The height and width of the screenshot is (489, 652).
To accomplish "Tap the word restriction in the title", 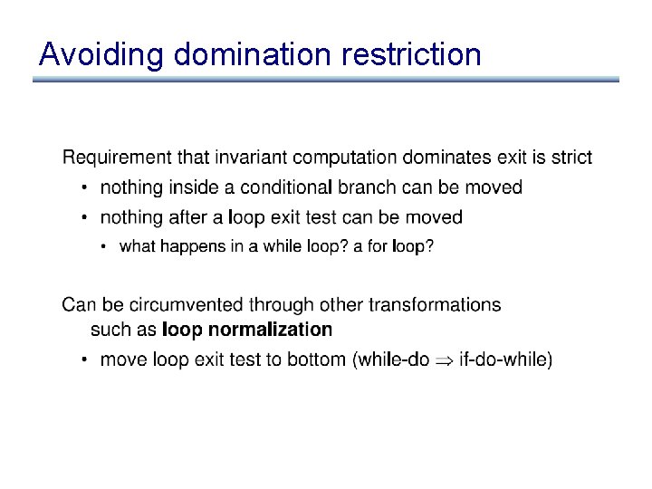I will [412, 55].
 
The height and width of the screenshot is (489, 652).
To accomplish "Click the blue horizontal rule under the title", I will [326, 80].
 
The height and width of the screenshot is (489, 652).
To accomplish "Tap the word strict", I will [570, 158].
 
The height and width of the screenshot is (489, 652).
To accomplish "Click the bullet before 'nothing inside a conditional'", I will [83, 188].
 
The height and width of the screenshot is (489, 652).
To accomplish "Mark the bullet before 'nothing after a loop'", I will [83, 218].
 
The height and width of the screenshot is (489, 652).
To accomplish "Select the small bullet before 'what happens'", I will [104, 247].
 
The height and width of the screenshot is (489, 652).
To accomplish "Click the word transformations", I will [437, 304].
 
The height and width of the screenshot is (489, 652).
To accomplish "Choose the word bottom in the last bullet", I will [316, 360].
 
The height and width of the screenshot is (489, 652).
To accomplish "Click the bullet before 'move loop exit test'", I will [83, 360].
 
